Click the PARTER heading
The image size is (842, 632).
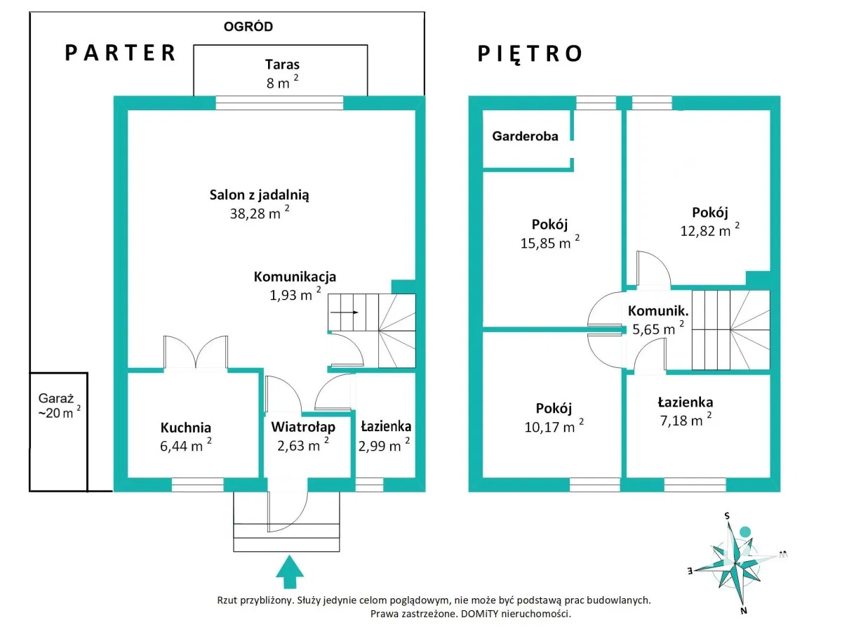click(x=120, y=53)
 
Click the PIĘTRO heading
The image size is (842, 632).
click(x=530, y=54)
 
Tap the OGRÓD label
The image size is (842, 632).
click(x=248, y=27)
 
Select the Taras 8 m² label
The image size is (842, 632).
click(x=281, y=72)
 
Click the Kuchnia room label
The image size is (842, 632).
click(x=185, y=428)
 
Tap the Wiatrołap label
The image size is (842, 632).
click(x=303, y=427)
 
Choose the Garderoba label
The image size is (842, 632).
click(x=525, y=136)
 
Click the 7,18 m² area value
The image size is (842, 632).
click(x=681, y=420)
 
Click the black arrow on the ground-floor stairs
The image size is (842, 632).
click(x=345, y=312)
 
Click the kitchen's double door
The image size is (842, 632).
click(x=196, y=353)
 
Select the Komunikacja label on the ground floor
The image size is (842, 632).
click(x=295, y=277)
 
